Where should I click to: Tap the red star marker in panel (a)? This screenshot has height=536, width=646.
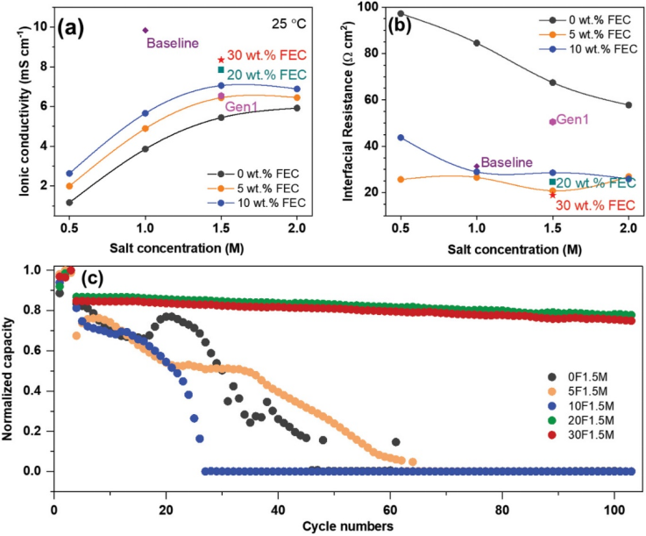[x=221, y=60]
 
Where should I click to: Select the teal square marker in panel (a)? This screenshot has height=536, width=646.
[x=221, y=69]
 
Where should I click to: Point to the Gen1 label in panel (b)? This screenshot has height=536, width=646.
[x=572, y=120]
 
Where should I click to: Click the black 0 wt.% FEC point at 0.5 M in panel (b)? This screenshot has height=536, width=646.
[x=401, y=14]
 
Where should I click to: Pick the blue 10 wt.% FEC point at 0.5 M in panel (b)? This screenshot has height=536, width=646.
[x=401, y=137]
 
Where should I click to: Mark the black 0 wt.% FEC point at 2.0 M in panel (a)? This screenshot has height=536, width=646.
[x=296, y=108]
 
